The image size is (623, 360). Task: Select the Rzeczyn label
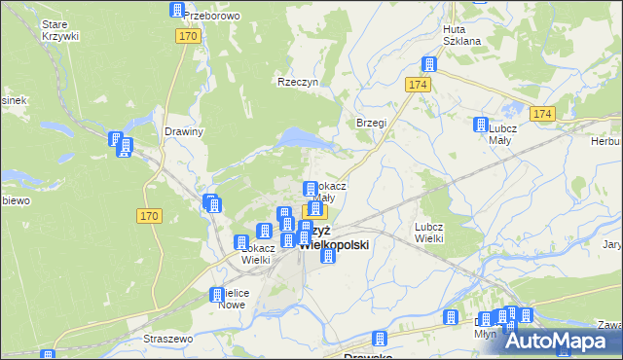pyautogui.click(x=298, y=83)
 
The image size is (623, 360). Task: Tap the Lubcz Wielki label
pyautogui.click(x=429, y=232)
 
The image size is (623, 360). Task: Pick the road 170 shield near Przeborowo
pyautogui.click(x=189, y=36)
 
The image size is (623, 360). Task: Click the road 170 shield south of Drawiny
pyautogui.click(x=149, y=215)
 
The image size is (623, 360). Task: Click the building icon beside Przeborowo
pyautogui.click(x=177, y=11)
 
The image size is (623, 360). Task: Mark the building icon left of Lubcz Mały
pyautogui.click(x=480, y=125)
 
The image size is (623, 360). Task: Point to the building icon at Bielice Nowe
pyautogui.click(x=217, y=295)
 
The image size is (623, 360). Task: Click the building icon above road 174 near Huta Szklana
pyautogui.click(x=426, y=65)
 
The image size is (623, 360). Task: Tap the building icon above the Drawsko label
pyautogui.click(x=380, y=339)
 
